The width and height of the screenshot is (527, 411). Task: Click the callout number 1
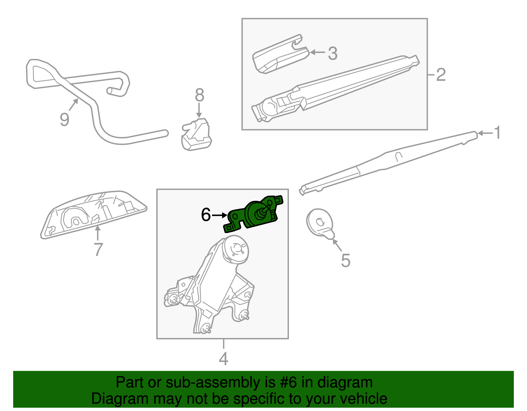pos(497,133)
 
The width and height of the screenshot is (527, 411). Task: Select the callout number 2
pos(441,75)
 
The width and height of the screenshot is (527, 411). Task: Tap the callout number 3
pos(333,53)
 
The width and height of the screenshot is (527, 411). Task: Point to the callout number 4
pos(223,359)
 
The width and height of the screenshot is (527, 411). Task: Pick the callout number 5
pos(345,260)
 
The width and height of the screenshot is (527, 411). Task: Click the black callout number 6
pos(206,215)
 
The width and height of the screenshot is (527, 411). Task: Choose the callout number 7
pos(98,250)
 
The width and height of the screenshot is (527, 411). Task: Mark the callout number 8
pos(200,95)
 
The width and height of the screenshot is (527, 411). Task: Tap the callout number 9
pos(65,119)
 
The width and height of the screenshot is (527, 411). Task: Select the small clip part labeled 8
pos(196,135)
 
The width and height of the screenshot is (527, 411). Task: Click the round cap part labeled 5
pos(319,222)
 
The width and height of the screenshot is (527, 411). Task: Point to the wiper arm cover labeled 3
pos(280,56)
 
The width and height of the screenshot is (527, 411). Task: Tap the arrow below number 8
pos(199,110)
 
